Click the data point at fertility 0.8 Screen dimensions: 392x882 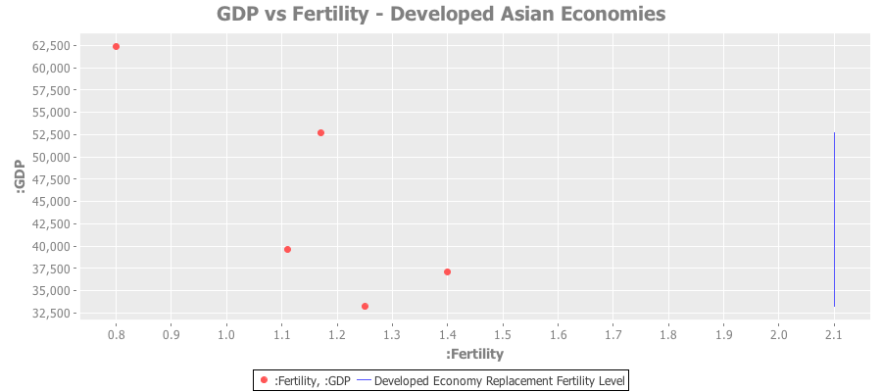click(116, 46)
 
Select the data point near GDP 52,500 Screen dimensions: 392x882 click(320, 132)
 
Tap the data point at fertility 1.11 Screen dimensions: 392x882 click(287, 249)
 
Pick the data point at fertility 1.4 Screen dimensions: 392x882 click(447, 271)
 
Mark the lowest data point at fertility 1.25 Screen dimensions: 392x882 click(365, 306)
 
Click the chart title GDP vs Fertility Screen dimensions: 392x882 click(441, 15)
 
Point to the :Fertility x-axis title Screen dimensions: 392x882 click(474, 353)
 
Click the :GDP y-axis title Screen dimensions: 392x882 click(21, 178)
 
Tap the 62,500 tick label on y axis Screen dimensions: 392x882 click(49, 46)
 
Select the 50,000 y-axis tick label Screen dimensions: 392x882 click(49, 158)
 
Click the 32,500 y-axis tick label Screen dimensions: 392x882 click(49, 314)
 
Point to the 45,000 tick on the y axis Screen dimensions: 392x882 click(49, 202)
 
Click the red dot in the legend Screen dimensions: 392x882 click(264, 379)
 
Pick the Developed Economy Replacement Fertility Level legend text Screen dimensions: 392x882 click(500, 379)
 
